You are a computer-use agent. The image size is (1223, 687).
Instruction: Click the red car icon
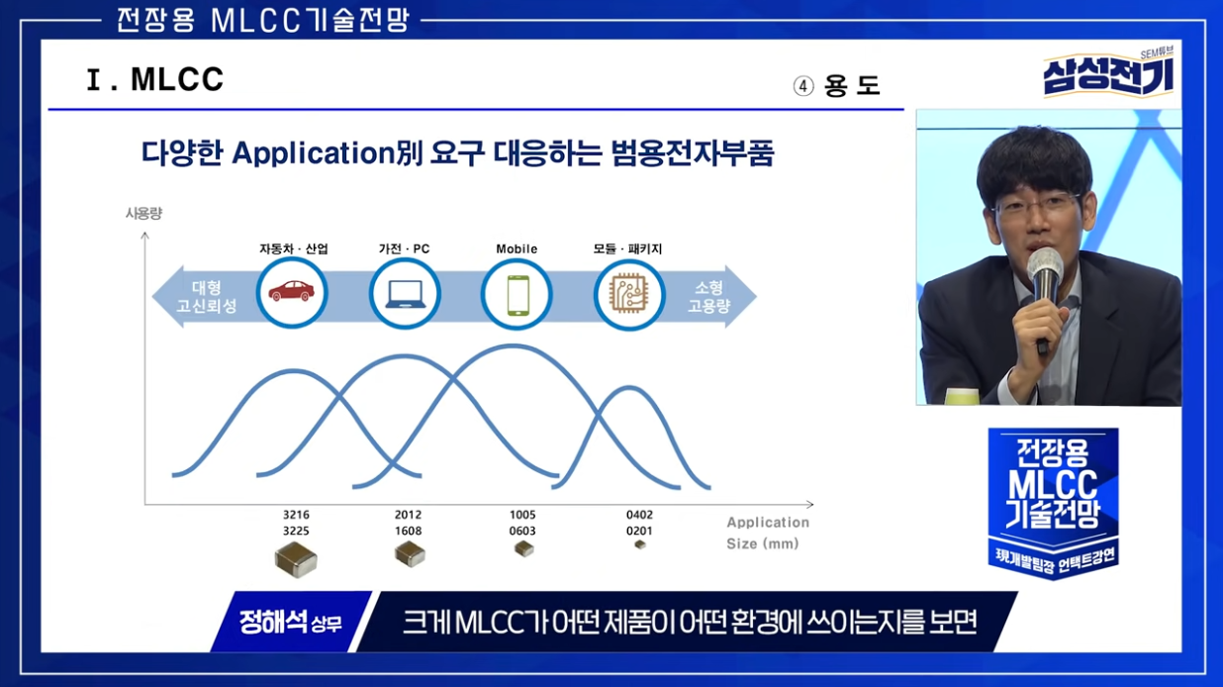click(x=292, y=291)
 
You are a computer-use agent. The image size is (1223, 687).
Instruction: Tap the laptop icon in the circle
click(x=405, y=294)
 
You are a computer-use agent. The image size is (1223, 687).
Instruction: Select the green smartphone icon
click(x=517, y=295)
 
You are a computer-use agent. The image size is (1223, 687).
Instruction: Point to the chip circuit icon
click(x=629, y=295)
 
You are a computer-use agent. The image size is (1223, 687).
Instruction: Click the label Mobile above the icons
click(x=517, y=249)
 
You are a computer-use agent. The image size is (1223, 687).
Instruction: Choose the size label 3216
click(x=296, y=515)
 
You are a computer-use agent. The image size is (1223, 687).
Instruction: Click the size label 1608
click(x=408, y=531)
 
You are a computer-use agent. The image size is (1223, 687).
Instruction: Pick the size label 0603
click(x=522, y=531)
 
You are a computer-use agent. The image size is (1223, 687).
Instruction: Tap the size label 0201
click(x=639, y=531)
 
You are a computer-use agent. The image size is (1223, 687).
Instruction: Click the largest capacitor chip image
click(x=296, y=559)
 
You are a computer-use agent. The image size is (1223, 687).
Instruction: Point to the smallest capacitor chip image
click(x=640, y=544)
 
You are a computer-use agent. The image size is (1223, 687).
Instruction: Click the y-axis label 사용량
click(x=143, y=213)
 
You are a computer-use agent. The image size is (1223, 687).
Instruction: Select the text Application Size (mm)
click(x=767, y=533)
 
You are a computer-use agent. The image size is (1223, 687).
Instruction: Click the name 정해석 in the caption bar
click(x=273, y=622)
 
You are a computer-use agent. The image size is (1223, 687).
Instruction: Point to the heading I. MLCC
click(x=155, y=79)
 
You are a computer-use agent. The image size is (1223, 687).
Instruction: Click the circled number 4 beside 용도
click(x=803, y=86)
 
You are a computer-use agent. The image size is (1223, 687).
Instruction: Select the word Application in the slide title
click(x=314, y=153)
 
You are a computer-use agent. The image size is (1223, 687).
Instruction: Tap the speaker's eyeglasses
click(x=1035, y=204)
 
